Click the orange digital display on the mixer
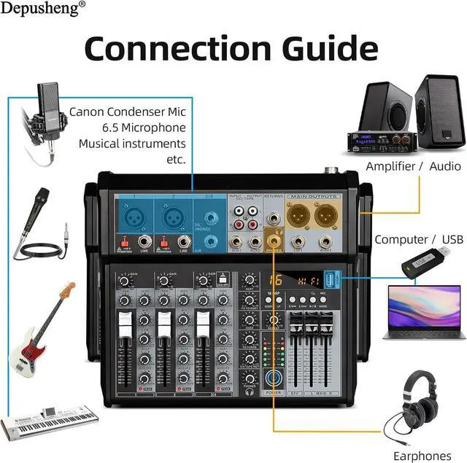point(296,280)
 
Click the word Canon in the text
point(88,112)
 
